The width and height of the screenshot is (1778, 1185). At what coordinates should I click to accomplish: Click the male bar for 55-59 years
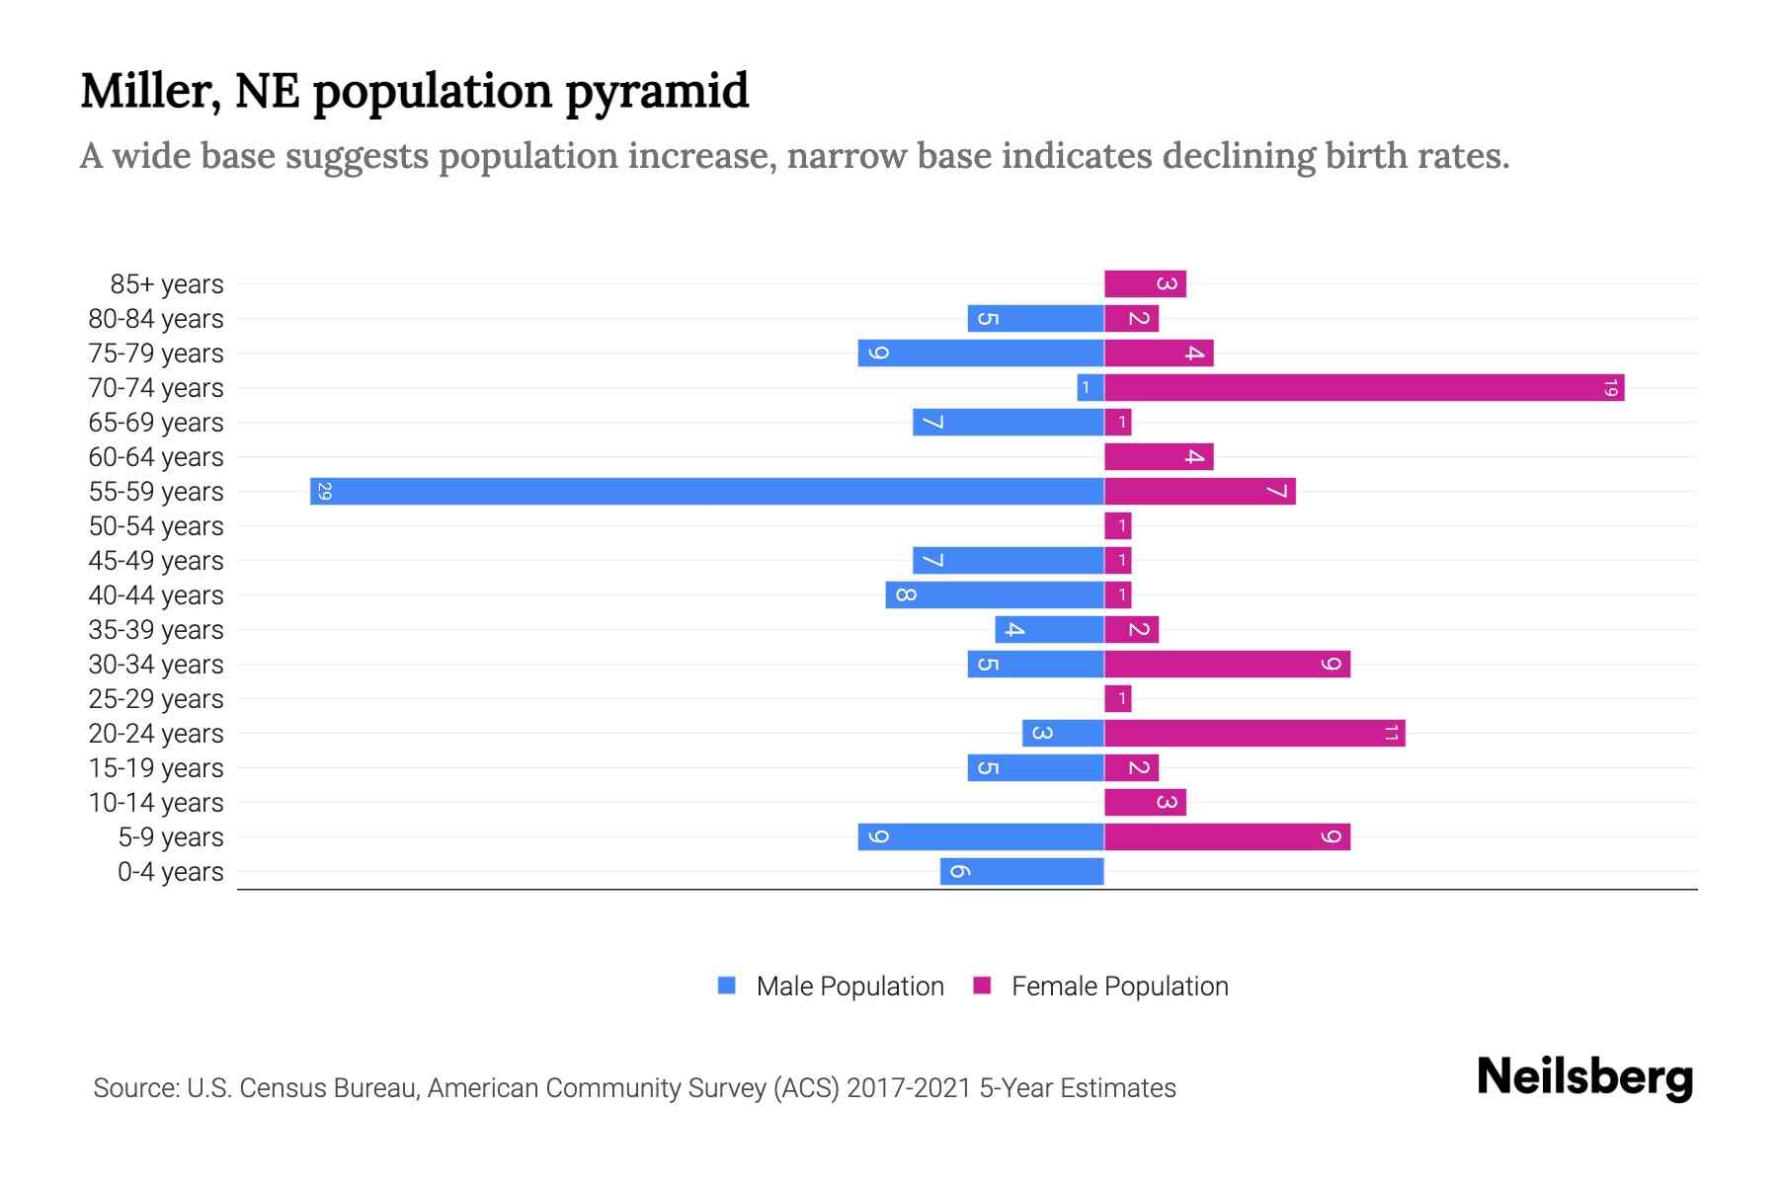(x=706, y=491)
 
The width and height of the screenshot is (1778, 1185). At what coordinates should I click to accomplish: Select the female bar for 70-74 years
(x=1363, y=387)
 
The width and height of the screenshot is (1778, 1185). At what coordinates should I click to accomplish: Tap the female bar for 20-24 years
(x=1254, y=733)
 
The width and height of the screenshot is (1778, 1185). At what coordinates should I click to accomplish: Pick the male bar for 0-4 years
(x=1021, y=871)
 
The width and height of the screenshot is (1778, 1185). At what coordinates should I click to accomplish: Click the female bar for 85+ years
(x=1145, y=283)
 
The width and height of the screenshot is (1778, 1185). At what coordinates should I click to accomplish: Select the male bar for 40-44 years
(x=995, y=594)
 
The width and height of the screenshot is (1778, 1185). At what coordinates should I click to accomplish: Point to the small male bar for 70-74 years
(x=1091, y=387)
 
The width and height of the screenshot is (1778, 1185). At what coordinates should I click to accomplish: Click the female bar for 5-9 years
(x=1227, y=836)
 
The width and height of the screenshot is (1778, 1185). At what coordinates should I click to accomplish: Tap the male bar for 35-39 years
(x=1049, y=629)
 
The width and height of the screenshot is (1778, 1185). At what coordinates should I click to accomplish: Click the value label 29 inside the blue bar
(x=324, y=491)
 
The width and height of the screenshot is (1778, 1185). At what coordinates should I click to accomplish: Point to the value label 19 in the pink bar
(x=1610, y=387)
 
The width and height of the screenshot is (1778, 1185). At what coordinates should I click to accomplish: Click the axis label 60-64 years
(x=156, y=457)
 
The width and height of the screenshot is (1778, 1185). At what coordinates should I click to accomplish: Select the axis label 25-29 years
(x=156, y=699)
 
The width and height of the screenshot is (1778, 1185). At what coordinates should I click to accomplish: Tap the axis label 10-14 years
(x=156, y=803)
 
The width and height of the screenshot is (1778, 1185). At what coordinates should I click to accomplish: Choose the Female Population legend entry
(x=1101, y=986)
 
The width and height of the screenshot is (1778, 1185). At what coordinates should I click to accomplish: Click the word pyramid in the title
(x=657, y=91)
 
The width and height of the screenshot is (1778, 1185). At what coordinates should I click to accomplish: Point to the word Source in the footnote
(x=134, y=1088)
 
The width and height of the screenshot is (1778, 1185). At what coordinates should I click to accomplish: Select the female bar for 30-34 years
(x=1227, y=664)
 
